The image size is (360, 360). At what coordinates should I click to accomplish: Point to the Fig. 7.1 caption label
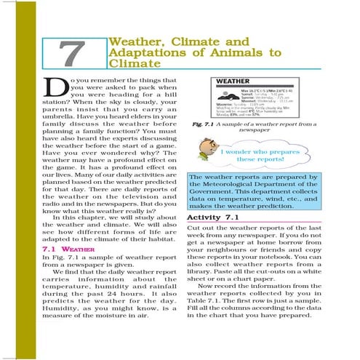pyautogui.click(x=207, y=124)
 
